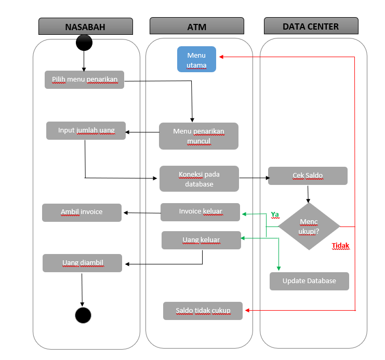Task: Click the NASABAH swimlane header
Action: coord(85,26)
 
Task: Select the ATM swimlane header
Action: coord(197,26)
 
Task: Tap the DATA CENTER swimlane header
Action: coord(311,26)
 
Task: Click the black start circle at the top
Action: coord(84,43)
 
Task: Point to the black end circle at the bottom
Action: coord(83,315)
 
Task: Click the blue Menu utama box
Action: coord(196,59)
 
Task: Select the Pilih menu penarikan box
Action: coord(84,80)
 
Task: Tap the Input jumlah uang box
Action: coord(86,130)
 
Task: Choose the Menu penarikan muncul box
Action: coord(198,136)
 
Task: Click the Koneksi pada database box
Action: coord(199,179)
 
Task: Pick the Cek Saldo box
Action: coord(308,176)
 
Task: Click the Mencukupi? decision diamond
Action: coord(309,226)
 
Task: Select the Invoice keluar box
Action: coord(200,212)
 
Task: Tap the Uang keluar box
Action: coord(201,240)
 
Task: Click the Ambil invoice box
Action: coord(82,212)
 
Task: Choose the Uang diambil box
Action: coord(83,263)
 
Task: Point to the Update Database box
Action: coord(309,281)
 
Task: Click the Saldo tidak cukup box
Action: coord(203,311)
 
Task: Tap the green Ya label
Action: coord(275,214)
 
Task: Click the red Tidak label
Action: coord(340,246)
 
